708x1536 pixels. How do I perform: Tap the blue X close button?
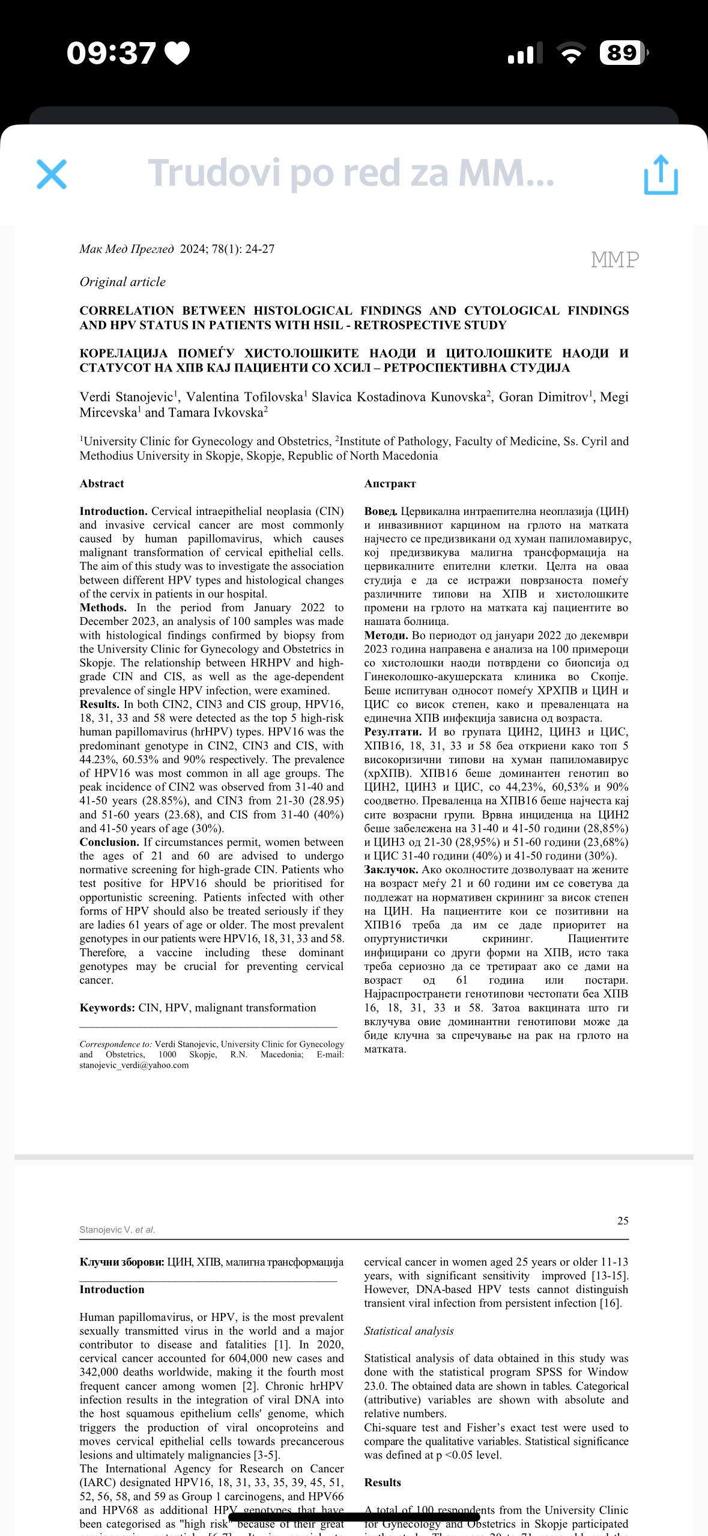tap(52, 174)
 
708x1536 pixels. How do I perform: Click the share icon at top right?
tap(661, 175)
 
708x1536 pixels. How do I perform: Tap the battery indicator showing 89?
tap(623, 53)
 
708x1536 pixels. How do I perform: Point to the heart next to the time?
tap(177, 53)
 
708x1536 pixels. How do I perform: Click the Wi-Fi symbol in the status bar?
tap(572, 53)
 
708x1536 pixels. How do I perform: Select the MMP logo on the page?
tap(614, 260)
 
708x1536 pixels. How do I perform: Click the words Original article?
tap(123, 282)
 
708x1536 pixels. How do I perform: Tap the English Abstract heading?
tap(101, 483)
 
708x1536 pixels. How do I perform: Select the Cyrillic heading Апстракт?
tap(390, 483)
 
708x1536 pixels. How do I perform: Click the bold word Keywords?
tap(107, 1008)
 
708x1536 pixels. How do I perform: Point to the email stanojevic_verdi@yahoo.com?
tap(134, 1065)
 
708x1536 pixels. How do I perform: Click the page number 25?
tap(623, 1221)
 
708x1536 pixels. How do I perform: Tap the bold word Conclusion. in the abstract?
tap(109, 842)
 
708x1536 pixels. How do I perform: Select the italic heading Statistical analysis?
tap(408, 1330)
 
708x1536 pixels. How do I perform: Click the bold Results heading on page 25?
tap(383, 1482)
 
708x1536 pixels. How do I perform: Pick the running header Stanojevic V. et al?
tap(117, 1230)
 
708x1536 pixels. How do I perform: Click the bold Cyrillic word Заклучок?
tap(391, 870)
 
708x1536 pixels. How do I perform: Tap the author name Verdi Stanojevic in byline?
tap(127, 397)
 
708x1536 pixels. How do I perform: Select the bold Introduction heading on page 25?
tap(112, 1289)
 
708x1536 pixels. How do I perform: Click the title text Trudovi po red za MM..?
tap(351, 173)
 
